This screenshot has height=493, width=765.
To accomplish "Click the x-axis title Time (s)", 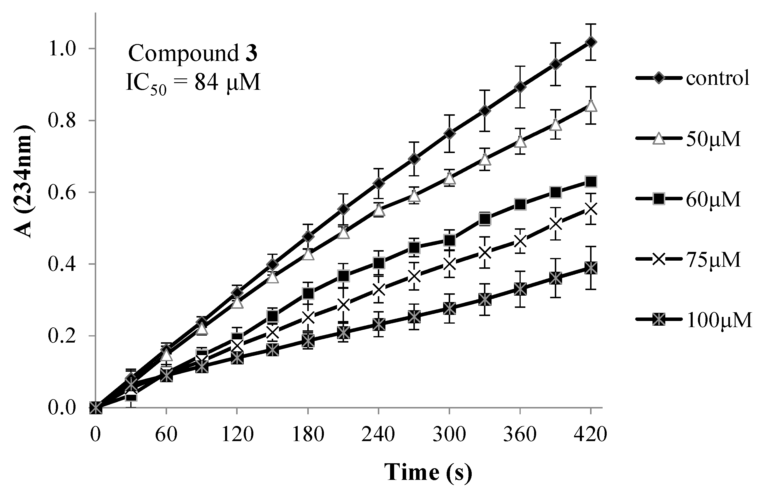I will pos(428,472).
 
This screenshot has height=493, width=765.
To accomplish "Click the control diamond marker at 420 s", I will pos(591,42).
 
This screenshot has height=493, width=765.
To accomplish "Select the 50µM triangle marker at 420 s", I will pos(591,106).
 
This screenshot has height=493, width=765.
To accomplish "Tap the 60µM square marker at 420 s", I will pos(591,182).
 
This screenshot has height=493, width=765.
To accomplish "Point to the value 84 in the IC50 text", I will pos(207,83).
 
